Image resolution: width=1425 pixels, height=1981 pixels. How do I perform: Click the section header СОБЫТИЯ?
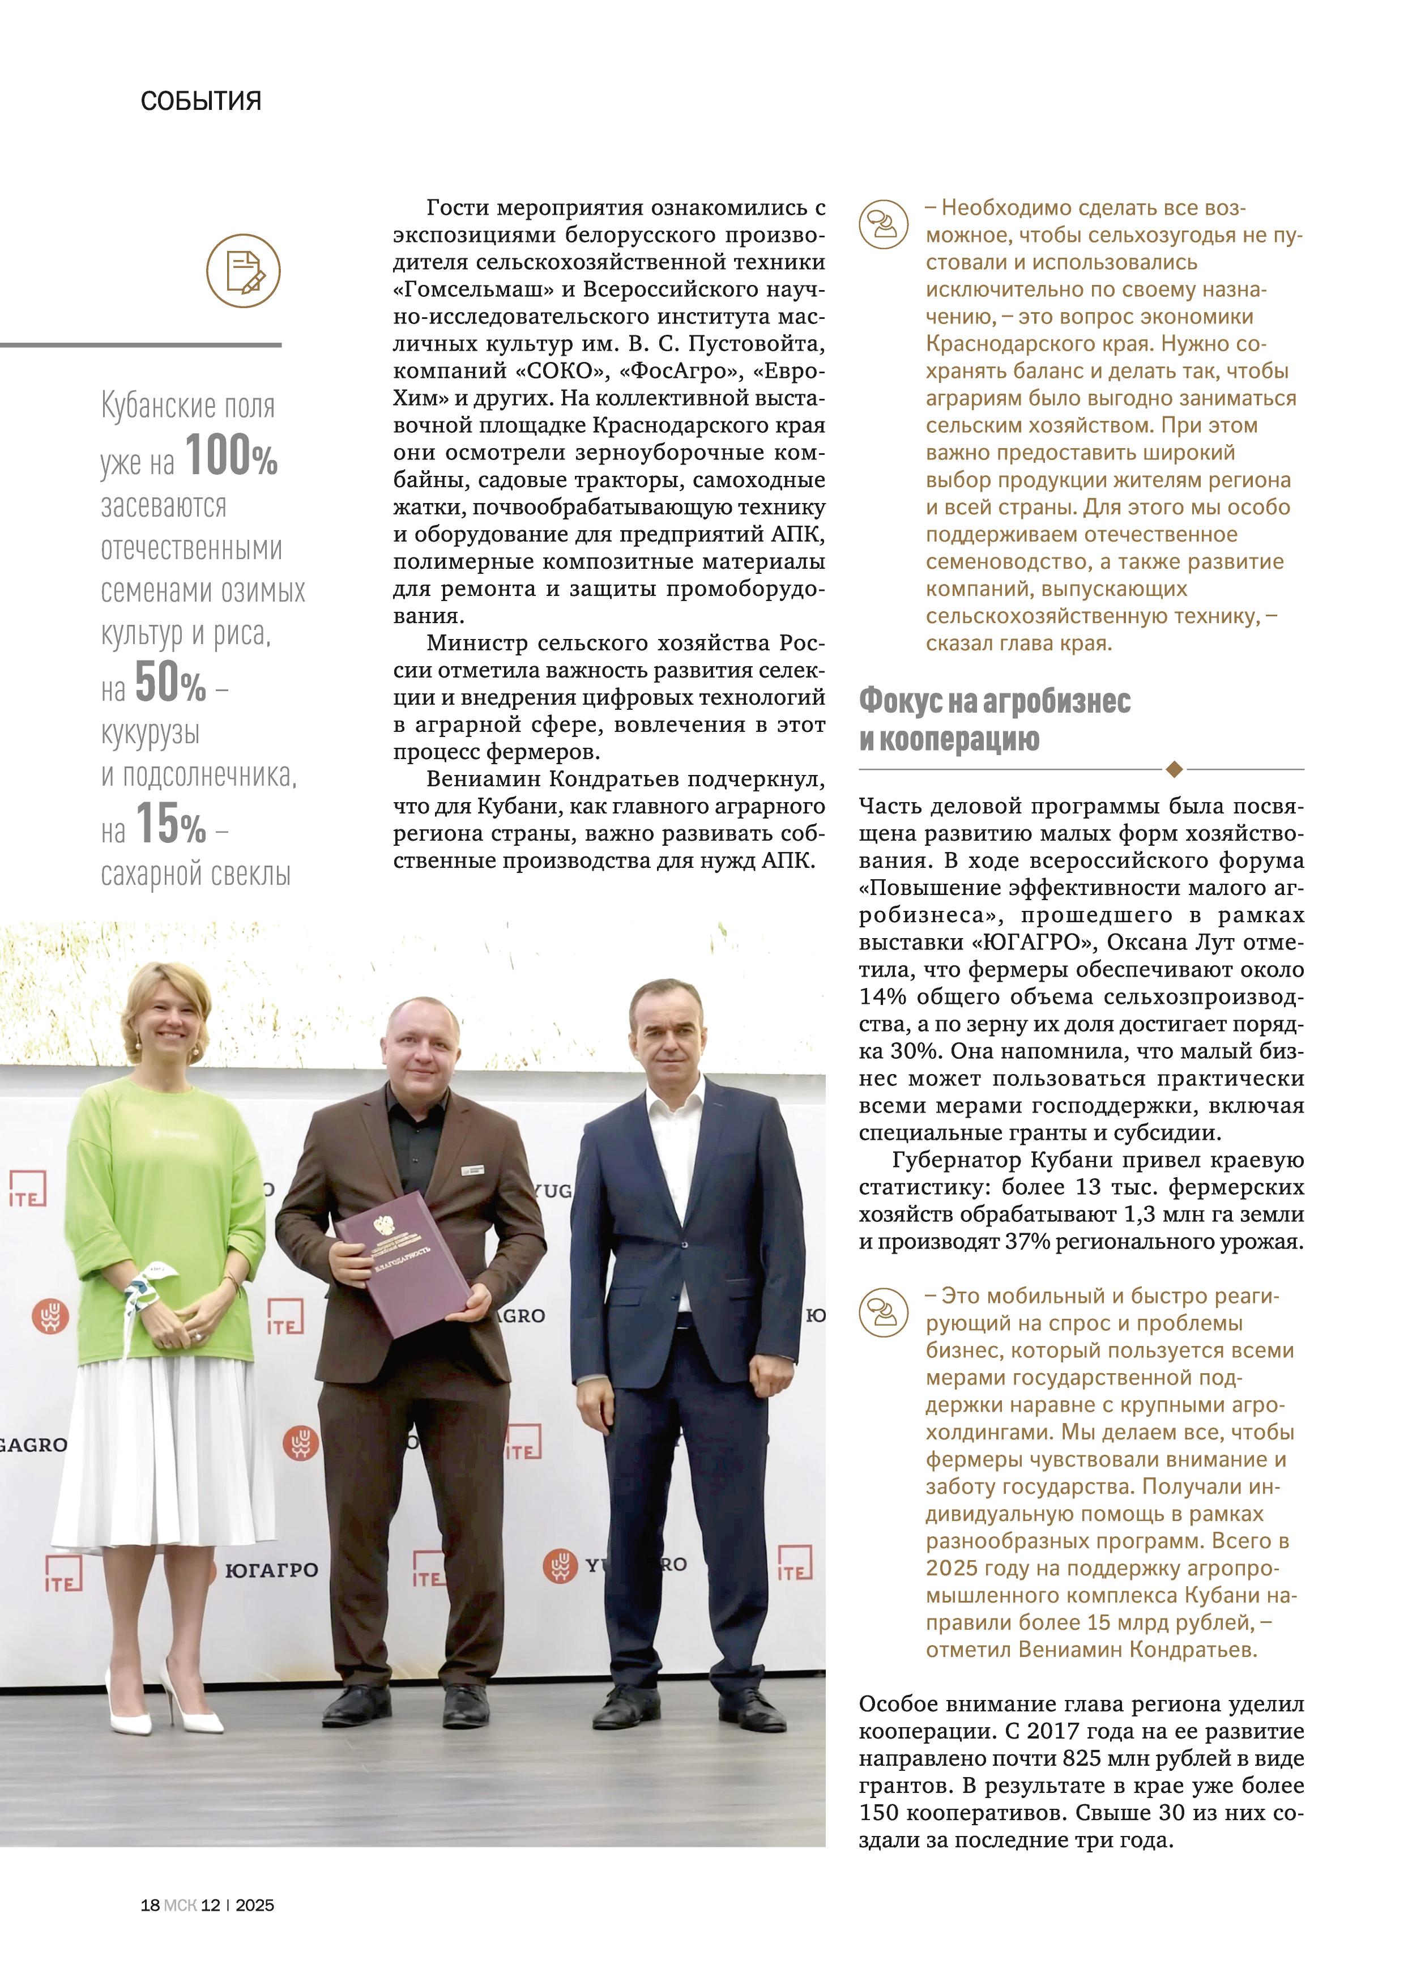pos(201,101)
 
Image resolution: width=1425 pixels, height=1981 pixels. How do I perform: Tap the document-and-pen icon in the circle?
pos(244,271)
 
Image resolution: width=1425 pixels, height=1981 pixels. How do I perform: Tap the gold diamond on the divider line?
pos(1175,769)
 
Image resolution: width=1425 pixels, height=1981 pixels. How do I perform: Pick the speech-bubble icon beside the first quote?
pos(884,224)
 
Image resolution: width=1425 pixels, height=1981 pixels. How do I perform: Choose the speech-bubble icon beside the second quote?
pos(884,1312)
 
